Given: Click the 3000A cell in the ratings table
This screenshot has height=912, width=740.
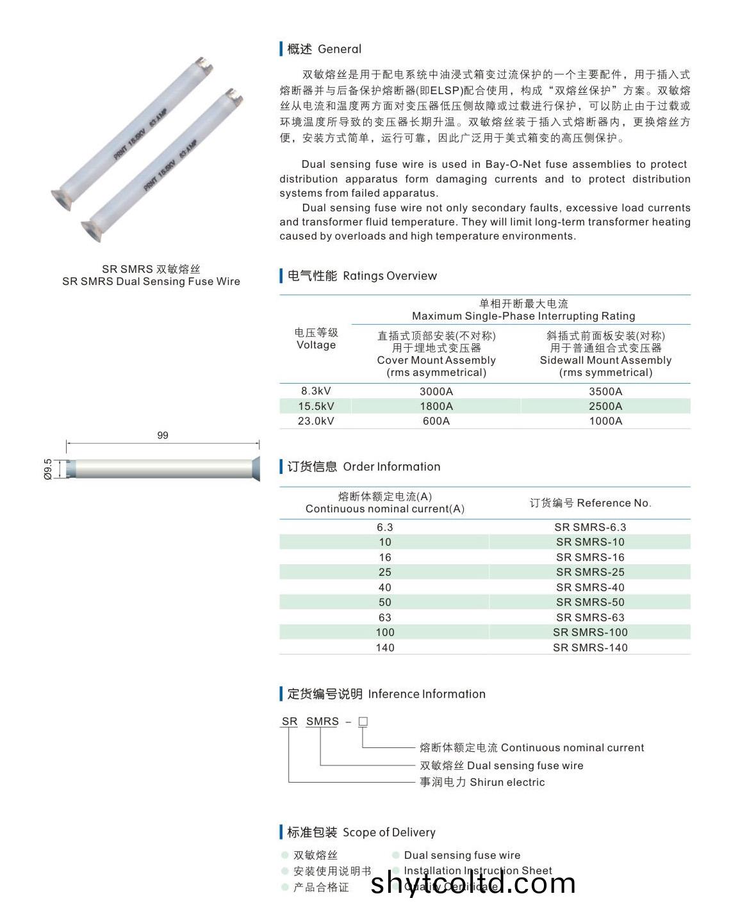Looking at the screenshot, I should point(436,391).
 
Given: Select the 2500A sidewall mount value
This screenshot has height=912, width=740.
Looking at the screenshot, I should point(605,406).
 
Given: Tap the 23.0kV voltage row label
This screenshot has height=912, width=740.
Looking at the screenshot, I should point(316,421).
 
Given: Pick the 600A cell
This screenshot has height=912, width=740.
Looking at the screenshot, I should point(436,421).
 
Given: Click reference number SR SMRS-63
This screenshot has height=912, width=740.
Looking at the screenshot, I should point(590,617).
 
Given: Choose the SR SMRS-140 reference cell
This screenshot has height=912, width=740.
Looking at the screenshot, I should point(590,647).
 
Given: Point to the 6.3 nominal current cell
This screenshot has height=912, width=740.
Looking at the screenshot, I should point(384,527).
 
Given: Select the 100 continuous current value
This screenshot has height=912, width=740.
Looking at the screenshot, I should point(384,632).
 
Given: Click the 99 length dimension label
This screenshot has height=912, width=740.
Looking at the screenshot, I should point(163,436).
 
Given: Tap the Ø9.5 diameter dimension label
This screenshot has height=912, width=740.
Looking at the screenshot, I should point(48,469).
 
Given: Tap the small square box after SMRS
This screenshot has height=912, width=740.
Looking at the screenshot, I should point(363,722).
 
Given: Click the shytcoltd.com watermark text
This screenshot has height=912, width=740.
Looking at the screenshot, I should point(473,884).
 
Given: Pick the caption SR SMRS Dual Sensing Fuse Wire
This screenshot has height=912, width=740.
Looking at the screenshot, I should point(151,281).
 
